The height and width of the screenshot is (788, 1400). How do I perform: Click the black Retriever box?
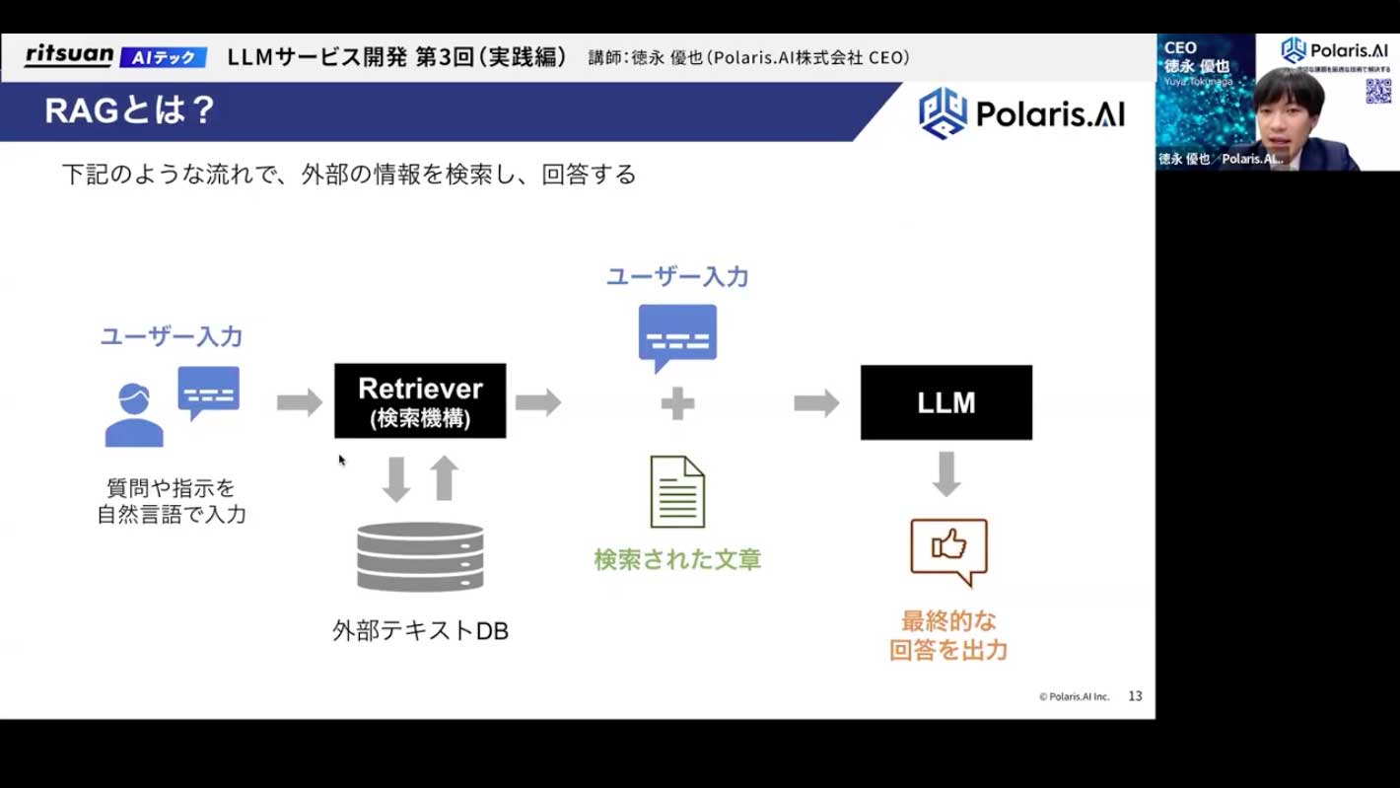click(x=420, y=400)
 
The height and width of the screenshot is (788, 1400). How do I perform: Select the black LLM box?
click(x=946, y=402)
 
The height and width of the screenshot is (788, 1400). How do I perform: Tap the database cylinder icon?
click(x=420, y=556)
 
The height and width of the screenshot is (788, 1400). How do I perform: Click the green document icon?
click(x=677, y=491)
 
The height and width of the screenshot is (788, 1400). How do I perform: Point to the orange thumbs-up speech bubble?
click(x=948, y=550)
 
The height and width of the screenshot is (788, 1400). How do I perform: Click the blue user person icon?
click(x=134, y=415)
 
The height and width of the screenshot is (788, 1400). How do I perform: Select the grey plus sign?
click(x=677, y=402)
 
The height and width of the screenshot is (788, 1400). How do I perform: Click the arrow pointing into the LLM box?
click(x=816, y=402)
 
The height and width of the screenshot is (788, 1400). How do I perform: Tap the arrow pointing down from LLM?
click(x=946, y=473)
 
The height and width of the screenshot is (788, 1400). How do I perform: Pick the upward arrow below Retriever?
click(x=445, y=478)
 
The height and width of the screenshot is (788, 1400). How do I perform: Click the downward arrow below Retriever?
click(x=396, y=479)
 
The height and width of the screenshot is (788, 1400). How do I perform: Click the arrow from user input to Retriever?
click(x=299, y=402)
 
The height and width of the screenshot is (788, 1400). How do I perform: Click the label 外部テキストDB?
click(x=420, y=631)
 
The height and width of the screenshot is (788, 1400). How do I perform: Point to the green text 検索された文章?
click(x=677, y=560)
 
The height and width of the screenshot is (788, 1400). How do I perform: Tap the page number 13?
click(x=1135, y=696)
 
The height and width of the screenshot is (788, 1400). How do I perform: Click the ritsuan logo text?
click(x=69, y=55)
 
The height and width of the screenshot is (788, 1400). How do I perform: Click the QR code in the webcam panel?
click(x=1377, y=91)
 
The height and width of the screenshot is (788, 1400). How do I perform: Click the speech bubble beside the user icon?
click(x=209, y=392)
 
